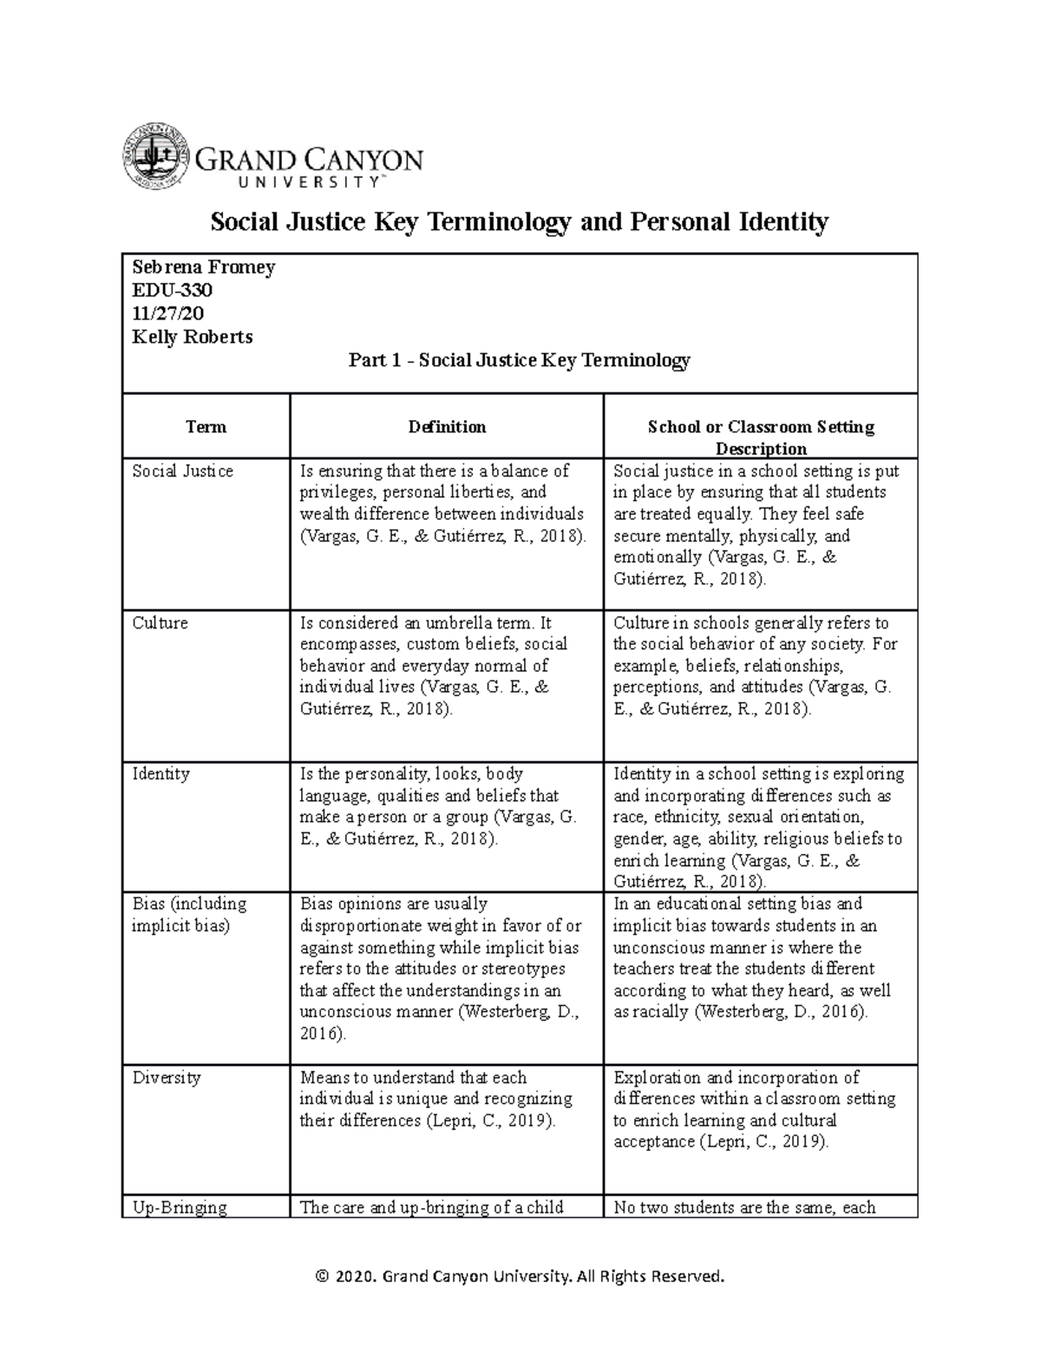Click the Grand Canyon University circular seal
coord(155,156)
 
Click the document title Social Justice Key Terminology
coord(520,222)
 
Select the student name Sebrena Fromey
coord(203,267)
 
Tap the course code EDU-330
coord(172,290)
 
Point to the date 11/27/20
coord(168,313)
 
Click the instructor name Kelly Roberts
coord(192,337)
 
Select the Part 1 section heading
coord(519,360)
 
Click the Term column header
coord(206,427)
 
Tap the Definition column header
coord(447,427)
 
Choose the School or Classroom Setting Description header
coord(761,437)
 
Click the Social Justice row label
coord(182,471)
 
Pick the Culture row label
coord(160,623)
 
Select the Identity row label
coord(160,774)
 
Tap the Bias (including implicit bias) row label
coord(189,915)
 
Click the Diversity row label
coord(167,1078)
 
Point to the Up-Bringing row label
coord(180,1207)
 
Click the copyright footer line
coord(520,1276)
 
